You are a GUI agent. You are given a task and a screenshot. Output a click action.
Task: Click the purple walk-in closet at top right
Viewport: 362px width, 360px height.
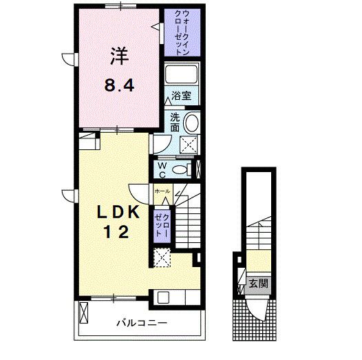(181, 33)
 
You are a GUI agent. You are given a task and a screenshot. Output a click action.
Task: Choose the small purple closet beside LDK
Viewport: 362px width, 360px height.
(162, 224)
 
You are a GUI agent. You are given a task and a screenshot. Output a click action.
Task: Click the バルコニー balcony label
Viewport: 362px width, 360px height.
(136, 321)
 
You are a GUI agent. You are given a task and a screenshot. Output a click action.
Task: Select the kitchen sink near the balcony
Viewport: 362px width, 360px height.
(164, 298)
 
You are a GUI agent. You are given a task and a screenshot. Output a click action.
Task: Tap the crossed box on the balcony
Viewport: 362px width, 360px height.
(85, 312)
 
